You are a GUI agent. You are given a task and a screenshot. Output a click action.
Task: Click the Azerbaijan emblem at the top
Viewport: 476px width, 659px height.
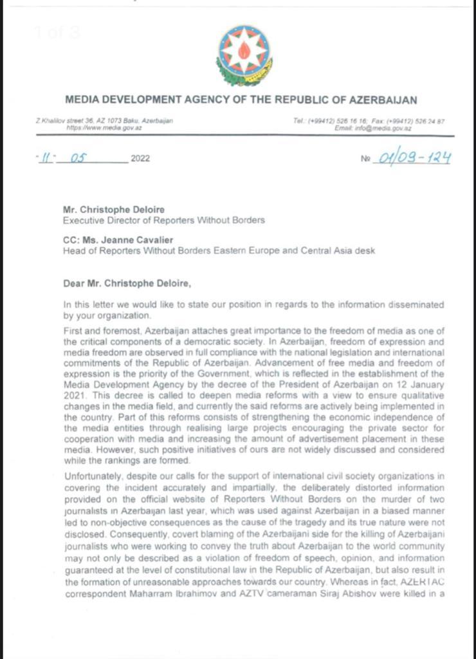coord(244,56)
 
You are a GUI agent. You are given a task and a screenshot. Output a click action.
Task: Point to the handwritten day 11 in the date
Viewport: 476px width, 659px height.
coord(46,158)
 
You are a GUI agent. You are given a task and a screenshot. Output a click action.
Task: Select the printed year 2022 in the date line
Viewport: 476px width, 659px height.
coord(140,159)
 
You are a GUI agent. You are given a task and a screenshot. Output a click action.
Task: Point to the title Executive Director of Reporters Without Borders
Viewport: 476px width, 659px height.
coord(163,220)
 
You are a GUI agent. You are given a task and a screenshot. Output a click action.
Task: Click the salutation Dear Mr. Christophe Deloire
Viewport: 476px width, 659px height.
coord(123,281)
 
